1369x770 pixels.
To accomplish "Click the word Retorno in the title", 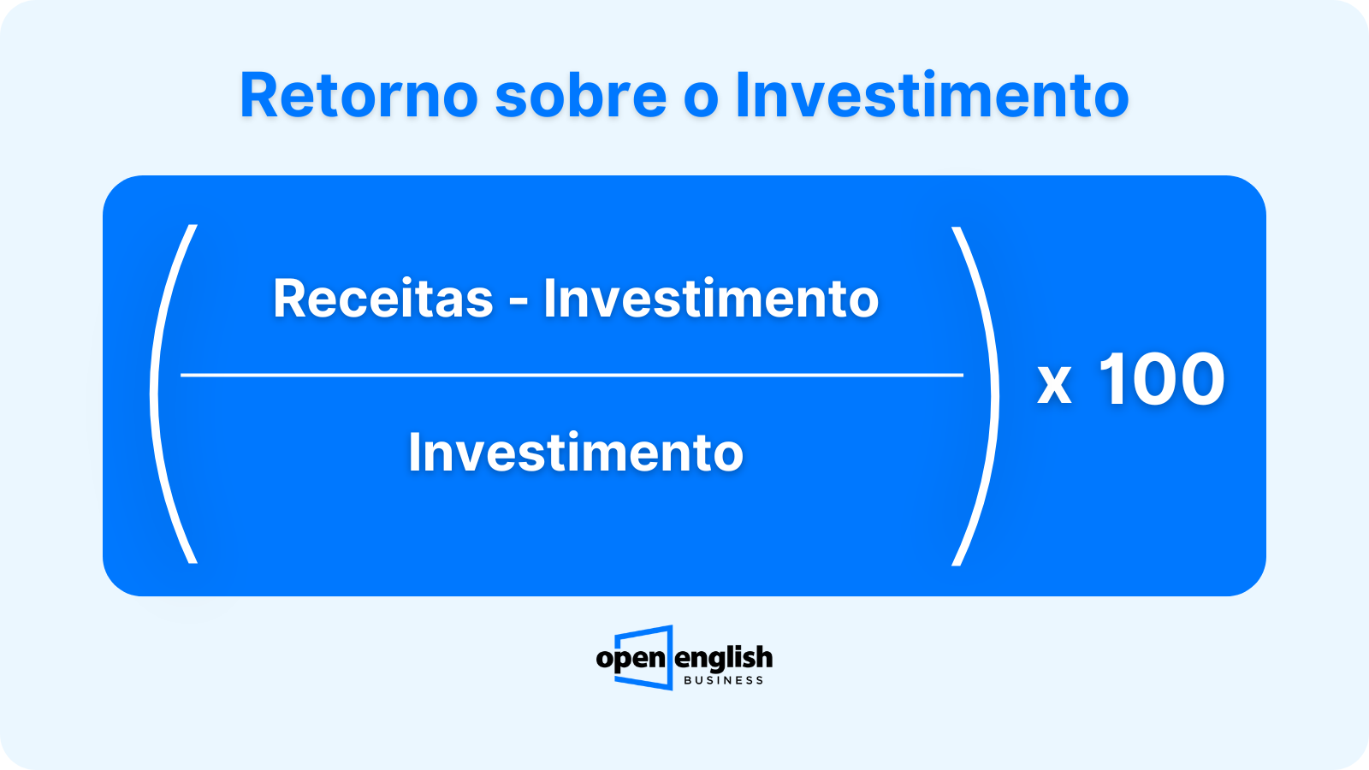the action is click(x=359, y=95).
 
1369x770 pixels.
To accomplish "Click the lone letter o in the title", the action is click(x=701, y=100).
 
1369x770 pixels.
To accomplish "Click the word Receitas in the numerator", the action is click(x=382, y=299).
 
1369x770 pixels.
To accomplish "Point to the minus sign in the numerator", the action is click(x=519, y=303).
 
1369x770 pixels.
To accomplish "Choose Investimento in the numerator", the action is click(x=711, y=298).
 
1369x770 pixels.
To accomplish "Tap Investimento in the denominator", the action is click(x=576, y=453).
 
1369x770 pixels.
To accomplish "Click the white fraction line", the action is click(x=572, y=375).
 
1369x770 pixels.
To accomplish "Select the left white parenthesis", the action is click(x=154, y=394).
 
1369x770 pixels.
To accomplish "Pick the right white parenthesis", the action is click(x=995, y=396).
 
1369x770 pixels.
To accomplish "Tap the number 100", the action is click(x=1162, y=379).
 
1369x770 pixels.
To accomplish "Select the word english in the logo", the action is click(x=724, y=659).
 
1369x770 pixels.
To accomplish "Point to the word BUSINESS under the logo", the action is click(x=724, y=680).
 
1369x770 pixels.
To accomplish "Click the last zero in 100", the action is click(x=1201, y=379).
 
